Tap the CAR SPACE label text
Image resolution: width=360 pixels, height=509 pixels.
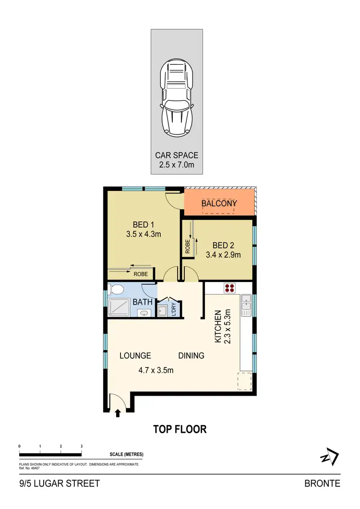tap(176, 155)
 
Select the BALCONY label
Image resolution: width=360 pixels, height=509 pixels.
tap(219, 203)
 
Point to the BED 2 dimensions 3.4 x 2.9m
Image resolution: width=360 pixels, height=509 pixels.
tap(223, 255)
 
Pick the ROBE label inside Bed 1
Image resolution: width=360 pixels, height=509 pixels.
tap(140, 274)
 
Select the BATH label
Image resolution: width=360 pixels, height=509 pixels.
tap(143, 302)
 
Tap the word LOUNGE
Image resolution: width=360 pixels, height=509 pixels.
tap(135, 355)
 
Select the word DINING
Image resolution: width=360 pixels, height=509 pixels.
tap(192, 355)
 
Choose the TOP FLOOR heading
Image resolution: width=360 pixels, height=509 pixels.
tap(180, 429)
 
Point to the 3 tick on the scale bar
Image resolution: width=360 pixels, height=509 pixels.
tap(82, 447)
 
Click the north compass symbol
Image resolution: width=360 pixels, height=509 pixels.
tap(330, 457)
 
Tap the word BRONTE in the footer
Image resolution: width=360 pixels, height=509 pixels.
tap(322, 483)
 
